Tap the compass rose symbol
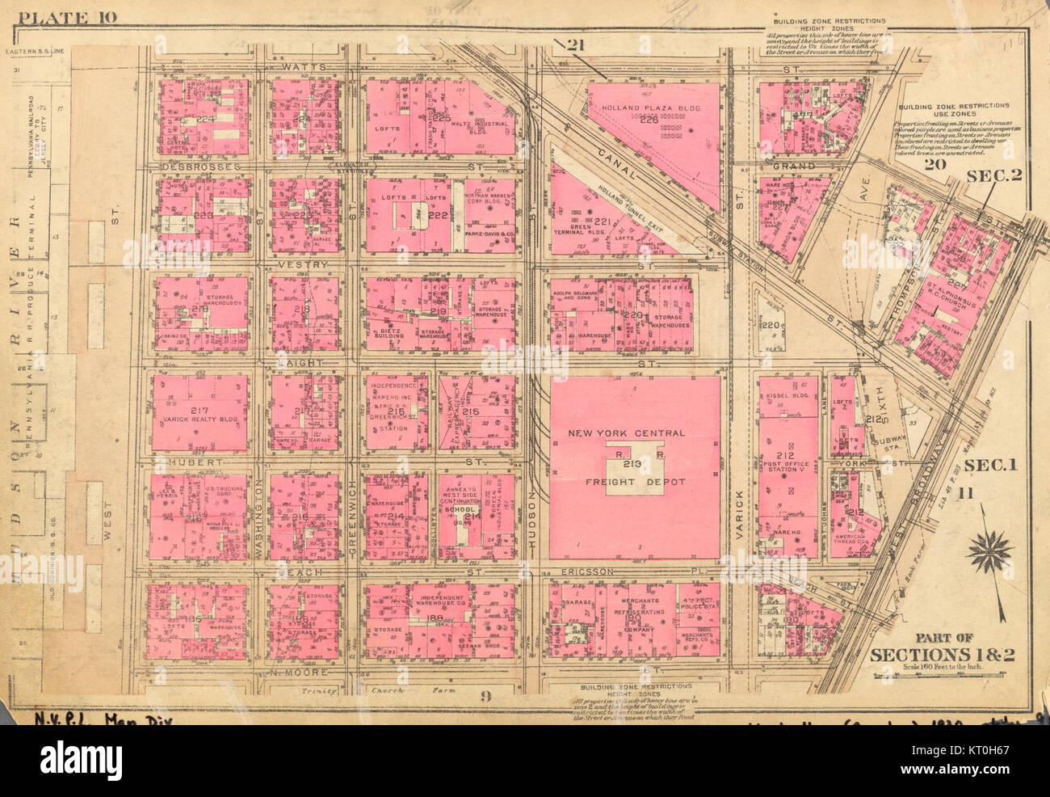click(x=989, y=555)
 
